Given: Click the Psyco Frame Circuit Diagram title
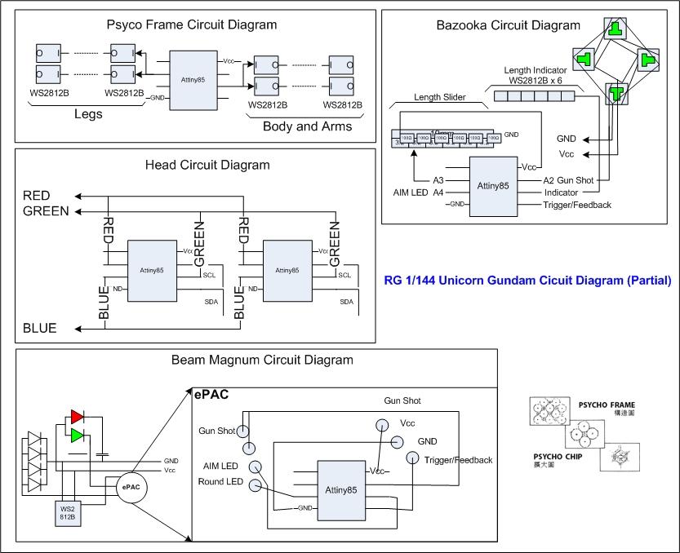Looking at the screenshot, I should [192, 25].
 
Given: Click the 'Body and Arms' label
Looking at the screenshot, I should [308, 126].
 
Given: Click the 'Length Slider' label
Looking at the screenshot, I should [439, 97].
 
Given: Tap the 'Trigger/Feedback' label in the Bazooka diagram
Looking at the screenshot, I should [577, 205].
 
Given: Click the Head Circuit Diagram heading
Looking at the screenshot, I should [207, 165].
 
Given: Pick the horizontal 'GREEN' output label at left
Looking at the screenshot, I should [47, 211].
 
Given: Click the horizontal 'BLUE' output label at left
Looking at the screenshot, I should [40, 328].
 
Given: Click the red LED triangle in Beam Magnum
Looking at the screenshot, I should [78, 416].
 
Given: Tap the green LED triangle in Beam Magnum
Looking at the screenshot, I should [78, 434].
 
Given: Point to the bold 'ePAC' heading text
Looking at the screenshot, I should [211, 395].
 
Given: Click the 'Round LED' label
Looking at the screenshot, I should [221, 482].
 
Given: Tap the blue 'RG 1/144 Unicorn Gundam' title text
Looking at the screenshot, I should [527, 281].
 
